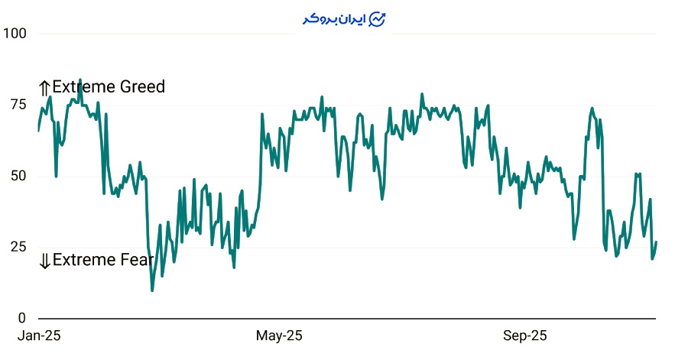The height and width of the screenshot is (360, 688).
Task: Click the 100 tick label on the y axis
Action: coord(15,34)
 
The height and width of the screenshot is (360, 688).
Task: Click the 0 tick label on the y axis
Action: coord(22,318)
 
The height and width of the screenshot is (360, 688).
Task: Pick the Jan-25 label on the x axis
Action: coord(39,336)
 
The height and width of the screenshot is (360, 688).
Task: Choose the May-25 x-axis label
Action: coord(279,336)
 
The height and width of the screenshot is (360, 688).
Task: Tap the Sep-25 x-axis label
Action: coord(524,336)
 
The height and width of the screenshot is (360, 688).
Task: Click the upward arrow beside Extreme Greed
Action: coord(44,88)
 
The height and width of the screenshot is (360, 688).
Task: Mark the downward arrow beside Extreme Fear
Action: coord(44,261)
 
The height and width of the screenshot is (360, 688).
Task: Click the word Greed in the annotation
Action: coord(144,87)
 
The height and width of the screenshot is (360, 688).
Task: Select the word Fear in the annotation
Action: coord(138,260)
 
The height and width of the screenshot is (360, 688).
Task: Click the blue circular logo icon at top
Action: coord(378,19)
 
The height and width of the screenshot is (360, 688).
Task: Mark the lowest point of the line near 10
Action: coord(152,290)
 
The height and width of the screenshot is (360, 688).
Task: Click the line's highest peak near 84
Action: coord(80,79)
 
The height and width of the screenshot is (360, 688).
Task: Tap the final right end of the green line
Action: coord(656,242)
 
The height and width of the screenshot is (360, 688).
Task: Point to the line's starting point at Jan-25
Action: coord(39,131)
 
